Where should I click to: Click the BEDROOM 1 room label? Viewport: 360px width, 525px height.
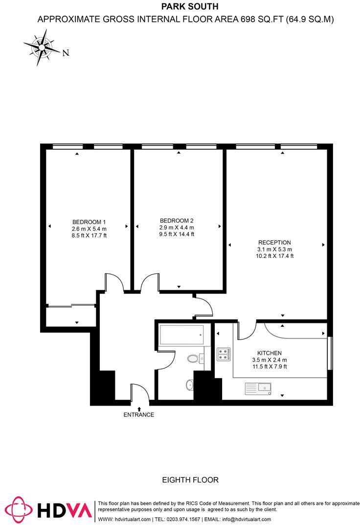click(x=89, y=221)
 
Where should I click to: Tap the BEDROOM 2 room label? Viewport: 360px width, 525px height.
click(x=177, y=220)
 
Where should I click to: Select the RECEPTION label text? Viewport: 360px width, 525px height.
click(x=275, y=242)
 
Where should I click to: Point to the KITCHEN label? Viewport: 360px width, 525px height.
click(x=270, y=353)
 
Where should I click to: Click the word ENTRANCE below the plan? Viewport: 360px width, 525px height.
click(x=138, y=414)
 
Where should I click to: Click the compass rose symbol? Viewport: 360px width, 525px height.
click(x=41, y=47)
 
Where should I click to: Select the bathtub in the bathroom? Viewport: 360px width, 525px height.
click(x=181, y=335)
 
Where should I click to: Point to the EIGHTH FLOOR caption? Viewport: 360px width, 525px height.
click(x=190, y=480)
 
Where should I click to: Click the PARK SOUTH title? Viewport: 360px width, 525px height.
click(x=183, y=7)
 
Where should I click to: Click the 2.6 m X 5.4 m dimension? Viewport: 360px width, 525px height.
click(x=89, y=228)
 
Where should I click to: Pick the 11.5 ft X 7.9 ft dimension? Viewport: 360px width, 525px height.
click(x=269, y=366)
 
